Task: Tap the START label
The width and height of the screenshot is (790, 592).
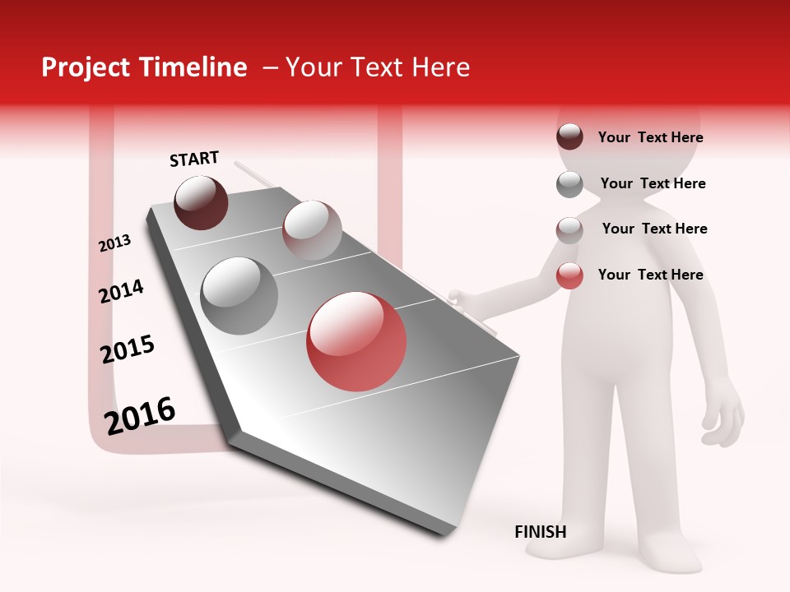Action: [194, 159]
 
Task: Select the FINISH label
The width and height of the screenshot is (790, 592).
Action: [541, 532]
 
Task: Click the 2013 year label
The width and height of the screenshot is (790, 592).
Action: [114, 243]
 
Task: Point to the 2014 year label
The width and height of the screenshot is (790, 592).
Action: [121, 291]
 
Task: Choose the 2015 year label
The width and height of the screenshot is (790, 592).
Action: [128, 349]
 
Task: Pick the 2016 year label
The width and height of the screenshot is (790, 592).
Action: [140, 415]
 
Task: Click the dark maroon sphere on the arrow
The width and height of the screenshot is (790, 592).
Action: [201, 202]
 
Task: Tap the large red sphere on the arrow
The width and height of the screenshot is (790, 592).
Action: [356, 341]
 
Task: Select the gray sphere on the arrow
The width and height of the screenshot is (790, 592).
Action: [239, 295]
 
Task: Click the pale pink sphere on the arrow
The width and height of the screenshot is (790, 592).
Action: [312, 229]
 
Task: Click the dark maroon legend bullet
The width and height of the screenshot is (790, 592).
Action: [569, 137]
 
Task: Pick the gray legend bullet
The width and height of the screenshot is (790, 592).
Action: [569, 183]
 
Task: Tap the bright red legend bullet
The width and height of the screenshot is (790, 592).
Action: [569, 275]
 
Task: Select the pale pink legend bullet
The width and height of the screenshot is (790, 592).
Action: [569, 229]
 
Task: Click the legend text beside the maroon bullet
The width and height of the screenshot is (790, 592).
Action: [650, 137]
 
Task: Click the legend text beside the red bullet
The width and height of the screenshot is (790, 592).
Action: [650, 275]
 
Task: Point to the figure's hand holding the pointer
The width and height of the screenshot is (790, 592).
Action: [461, 298]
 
